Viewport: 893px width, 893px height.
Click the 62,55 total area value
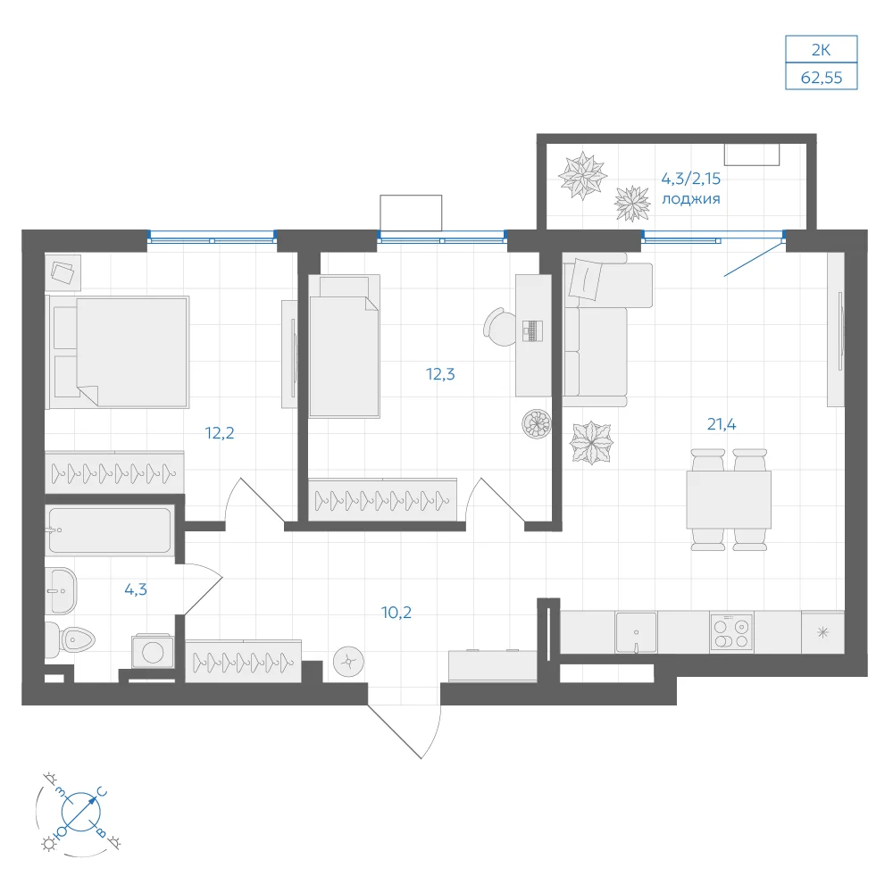pyautogui.click(x=822, y=78)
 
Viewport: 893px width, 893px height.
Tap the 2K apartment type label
pyautogui.click(x=822, y=50)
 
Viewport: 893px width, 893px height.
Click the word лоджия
pyautogui.click(x=691, y=199)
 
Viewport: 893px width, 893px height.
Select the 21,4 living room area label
pyautogui.click(x=722, y=424)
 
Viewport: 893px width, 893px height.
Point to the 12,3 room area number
pyautogui.click(x=440, y=374)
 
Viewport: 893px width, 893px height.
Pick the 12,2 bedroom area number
pyautogui.click(x=220, y=433)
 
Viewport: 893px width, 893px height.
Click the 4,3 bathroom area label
pyautogui.click(x=136, y=589)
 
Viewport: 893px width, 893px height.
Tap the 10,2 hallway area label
pyautogui.click(x=396, y=613)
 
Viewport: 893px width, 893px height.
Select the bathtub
pyautogui.click(x=109, y=530)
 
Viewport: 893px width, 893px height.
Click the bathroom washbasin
pyautogui.click(x=61, y=590)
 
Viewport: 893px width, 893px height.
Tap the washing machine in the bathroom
pyautogui.click(x=153, y=652)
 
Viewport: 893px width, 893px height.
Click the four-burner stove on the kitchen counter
pyautogui.click(x=732, y=632)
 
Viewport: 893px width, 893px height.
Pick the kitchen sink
pyautogui.click(x=636, y=632)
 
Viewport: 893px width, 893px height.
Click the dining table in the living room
pyautogui.click(x=729, y=499)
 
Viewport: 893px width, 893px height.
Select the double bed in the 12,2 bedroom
pyautogui.click(x=118, y=351)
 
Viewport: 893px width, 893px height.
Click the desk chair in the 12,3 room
pyautogui.click(x=499, y=327)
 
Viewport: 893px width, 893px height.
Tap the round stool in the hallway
pyautogui.click(x=348, y=663)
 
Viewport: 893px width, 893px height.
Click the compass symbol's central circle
pyautogui.click(x=81, y=811)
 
